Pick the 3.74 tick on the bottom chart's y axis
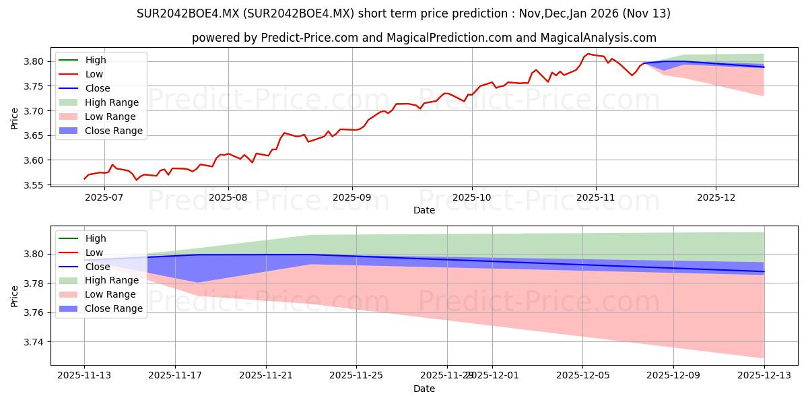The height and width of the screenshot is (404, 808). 36,342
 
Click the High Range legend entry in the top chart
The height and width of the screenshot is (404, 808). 112,102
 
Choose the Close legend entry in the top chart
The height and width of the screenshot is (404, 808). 98,88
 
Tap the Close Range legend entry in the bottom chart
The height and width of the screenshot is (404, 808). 113,308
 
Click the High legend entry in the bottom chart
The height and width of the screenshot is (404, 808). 96,238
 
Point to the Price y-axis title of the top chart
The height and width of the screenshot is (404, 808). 15,119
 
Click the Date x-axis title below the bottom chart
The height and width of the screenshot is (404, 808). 424,389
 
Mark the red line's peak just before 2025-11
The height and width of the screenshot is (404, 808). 588,54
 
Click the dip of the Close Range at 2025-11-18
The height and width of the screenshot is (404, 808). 197,282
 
